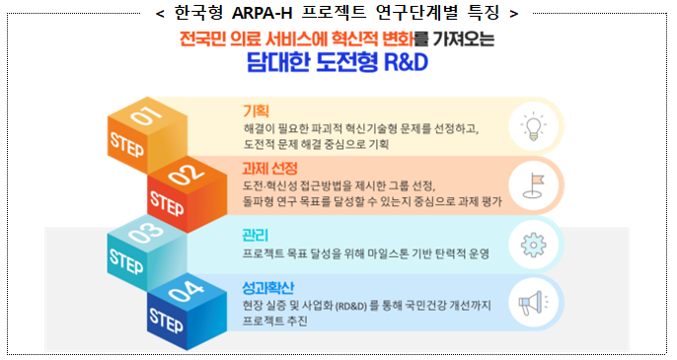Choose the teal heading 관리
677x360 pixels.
pyautogui.click(x=255, y=235)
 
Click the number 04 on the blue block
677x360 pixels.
pyautogui.click(x=185, y=293)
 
